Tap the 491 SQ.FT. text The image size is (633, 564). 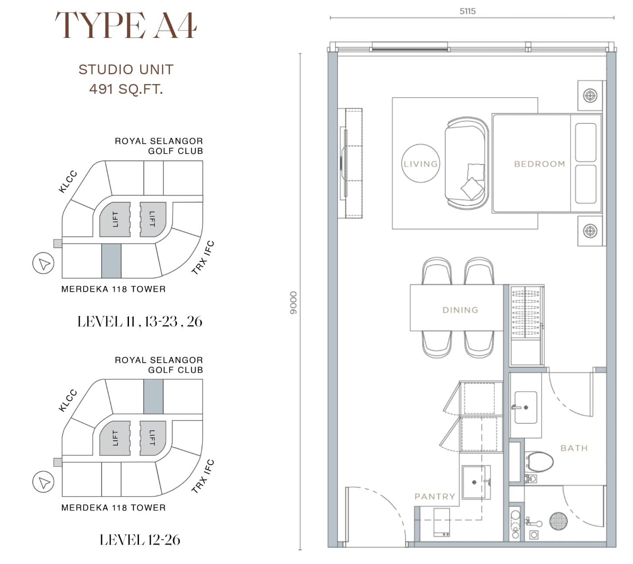point(126,89)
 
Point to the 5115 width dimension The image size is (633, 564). point(467,11)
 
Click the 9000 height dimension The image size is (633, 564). point(293,302)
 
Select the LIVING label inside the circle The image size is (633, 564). point(420,164)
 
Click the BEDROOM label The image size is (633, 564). point(540,164)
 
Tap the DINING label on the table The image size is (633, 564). point(460,310)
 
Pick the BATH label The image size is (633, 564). point(574,448)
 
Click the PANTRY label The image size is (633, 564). point(435,496)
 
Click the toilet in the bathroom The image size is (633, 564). point(540,462)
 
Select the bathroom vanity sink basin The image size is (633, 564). point(525,408)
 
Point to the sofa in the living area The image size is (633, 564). point(467,163)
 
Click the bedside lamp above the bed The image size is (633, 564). point(590,95)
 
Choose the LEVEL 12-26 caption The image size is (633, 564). point(140,540)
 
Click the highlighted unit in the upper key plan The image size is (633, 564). point(111,261)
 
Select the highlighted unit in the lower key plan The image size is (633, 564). point(153,397)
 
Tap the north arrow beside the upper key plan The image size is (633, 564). point(44,263)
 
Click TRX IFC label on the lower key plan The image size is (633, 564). point(203,476)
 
